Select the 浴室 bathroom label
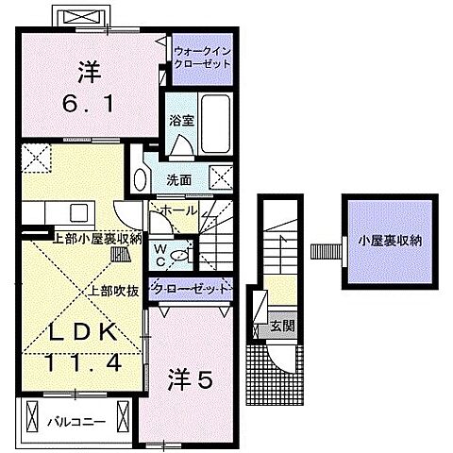pos(180,120)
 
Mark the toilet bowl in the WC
pos(183,252)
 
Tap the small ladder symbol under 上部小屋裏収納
pos(120,253)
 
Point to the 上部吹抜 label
pos(115,290)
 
